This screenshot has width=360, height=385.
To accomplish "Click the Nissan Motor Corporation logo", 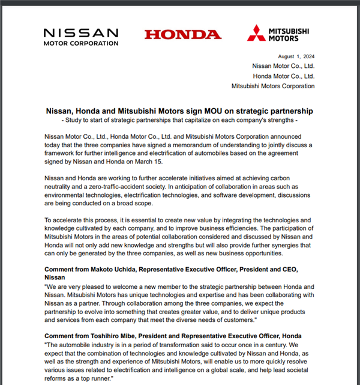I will tap(81, 36).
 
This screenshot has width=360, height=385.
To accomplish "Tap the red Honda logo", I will tap(182, 34).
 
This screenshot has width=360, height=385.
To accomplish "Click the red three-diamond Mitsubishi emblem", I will tap(257, 33).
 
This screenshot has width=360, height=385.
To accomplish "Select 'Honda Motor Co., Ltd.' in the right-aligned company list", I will tap(284, 76).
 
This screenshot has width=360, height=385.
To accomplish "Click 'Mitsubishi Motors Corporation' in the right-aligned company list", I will tap(273, 86).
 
